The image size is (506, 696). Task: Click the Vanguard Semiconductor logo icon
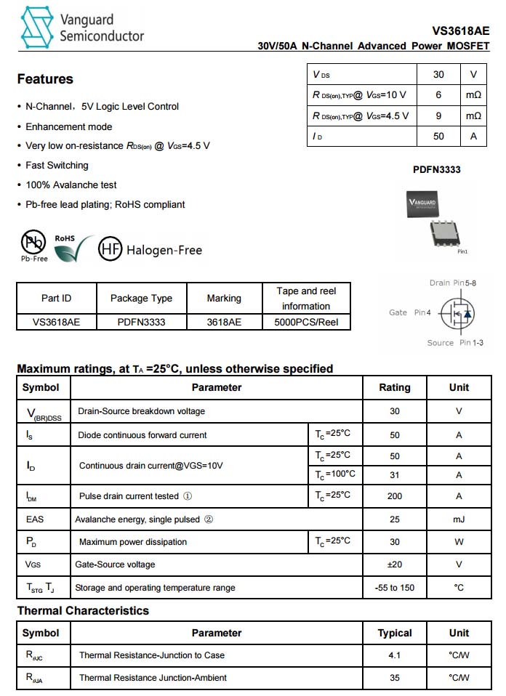coord(37,28)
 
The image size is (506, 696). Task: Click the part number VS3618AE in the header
coord(460,31)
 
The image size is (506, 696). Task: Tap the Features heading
coord(45,79)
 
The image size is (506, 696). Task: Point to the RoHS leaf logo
coord(73,248)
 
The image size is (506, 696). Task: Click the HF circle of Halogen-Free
coord(110,249)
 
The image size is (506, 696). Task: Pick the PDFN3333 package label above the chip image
coord(436,170)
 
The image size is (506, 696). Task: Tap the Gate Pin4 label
coord(410,312)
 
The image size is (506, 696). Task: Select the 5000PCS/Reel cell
coord(306,322)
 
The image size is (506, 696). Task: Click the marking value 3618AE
coord(224,322)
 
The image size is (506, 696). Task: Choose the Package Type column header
coord(141,298)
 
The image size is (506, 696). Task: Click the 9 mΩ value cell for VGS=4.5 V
coord(438,116)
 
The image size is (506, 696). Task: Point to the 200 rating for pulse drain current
coord(395,496)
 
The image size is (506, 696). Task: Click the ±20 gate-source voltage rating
coord(395,565)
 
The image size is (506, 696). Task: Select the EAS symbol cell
coord(35,519)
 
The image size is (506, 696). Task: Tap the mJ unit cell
coord(459,519)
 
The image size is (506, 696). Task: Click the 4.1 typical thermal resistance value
coord(395,655)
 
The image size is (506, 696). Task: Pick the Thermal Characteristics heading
coord(83,611)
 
